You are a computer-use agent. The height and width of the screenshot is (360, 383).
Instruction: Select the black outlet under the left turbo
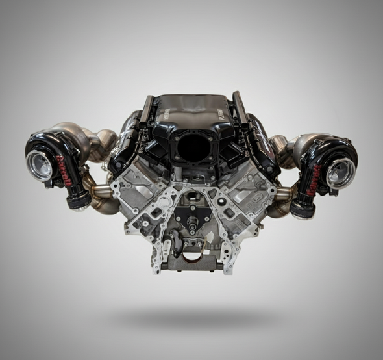click(x=79, y=202)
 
